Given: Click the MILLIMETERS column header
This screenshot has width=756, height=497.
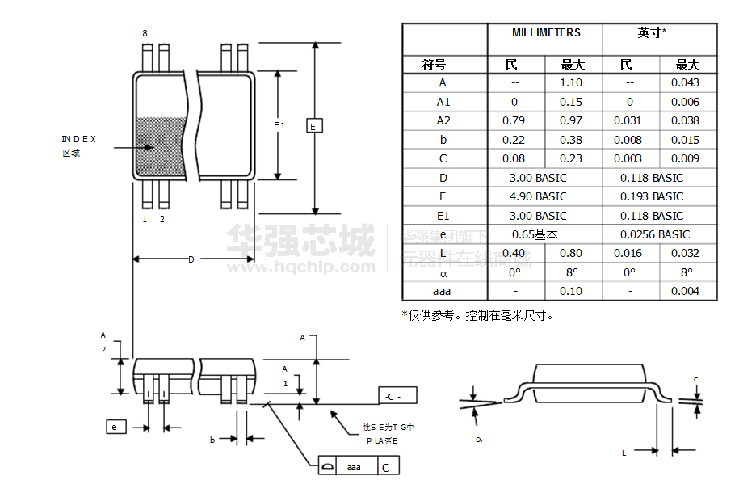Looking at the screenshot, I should [546, 33].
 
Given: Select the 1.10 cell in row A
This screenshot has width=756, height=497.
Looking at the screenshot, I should [571, 82].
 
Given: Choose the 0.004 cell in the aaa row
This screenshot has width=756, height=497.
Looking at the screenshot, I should [685, 291].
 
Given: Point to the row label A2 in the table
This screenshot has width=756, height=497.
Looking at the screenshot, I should [443, 120].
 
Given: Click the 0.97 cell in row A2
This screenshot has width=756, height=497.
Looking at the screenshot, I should [571, 120].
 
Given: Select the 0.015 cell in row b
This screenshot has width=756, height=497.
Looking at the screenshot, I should [685, 140].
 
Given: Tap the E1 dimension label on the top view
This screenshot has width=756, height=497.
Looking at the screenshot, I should [279, 125].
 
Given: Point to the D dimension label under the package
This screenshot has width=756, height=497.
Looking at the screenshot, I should [191, 259].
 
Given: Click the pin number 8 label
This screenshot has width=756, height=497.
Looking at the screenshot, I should [145, 33].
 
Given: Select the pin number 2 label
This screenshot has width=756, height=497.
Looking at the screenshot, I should [162, 219].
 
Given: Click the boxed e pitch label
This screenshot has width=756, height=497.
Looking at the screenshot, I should [115, 427].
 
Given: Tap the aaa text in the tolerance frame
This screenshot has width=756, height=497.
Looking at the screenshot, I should [355, 467].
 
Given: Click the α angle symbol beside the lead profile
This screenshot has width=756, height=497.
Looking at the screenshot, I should [479, 439].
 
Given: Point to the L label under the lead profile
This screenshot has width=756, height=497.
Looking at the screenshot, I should [624, 453].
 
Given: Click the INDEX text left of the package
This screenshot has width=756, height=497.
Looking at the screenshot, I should [79, 139].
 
